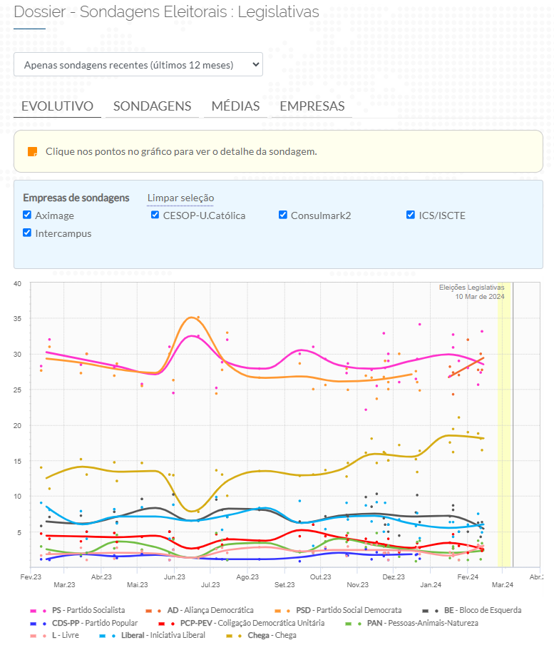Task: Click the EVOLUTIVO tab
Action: point(57,106)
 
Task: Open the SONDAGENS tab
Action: point(152,106)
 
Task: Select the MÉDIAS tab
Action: point(235,106)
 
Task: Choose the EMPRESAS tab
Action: point(312,106)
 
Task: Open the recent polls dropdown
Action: point(138,64)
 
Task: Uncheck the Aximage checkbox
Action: point(27,215)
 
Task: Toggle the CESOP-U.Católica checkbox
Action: point(155,215)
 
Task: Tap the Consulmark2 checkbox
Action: point(283,215)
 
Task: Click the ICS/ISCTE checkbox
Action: point(411,215)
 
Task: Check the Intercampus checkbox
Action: point(27,233)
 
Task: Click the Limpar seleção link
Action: point(180,198)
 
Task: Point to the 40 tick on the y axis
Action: point(17,284)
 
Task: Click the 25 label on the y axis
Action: point(17,390)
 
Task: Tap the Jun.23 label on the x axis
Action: point(175,577)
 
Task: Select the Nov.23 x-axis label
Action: point(358,585)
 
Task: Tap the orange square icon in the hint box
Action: point(32,152)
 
